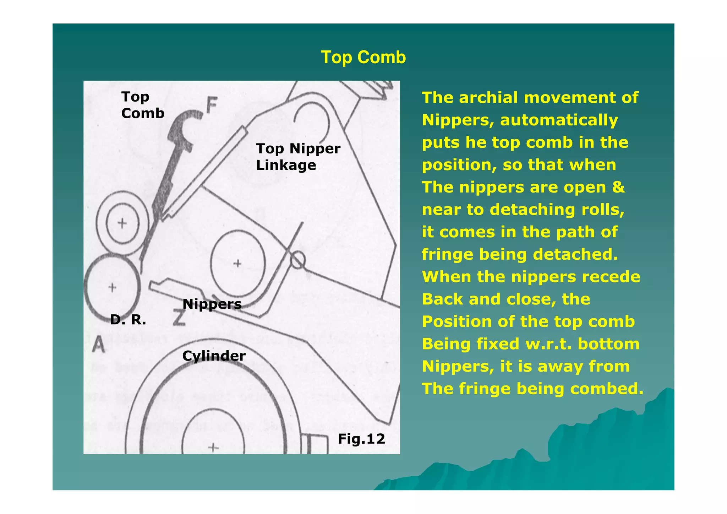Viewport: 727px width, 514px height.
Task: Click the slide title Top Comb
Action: (363, 57)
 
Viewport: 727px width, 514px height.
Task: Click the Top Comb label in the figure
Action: (142, 105)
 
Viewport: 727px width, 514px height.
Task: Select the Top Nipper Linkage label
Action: (297, 157)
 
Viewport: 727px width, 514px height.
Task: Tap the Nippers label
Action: (212, 304)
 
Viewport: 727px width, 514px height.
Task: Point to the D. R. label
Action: (128, 320)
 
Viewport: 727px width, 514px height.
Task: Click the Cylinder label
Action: (214, 356)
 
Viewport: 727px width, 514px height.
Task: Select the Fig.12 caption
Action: (361, 439)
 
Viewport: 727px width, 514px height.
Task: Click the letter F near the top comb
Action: (212, 105)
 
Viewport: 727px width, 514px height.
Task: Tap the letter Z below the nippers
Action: (180, 318)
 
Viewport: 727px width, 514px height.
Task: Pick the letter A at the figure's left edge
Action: (98, 344)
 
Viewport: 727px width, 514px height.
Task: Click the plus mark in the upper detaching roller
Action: (122, 223)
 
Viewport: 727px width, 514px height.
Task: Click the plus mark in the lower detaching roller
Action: (112, 287)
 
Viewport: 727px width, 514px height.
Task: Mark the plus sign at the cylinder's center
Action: (213, 447)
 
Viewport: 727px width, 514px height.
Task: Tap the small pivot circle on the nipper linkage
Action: (297, 260)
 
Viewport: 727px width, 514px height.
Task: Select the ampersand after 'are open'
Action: (618, 187)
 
